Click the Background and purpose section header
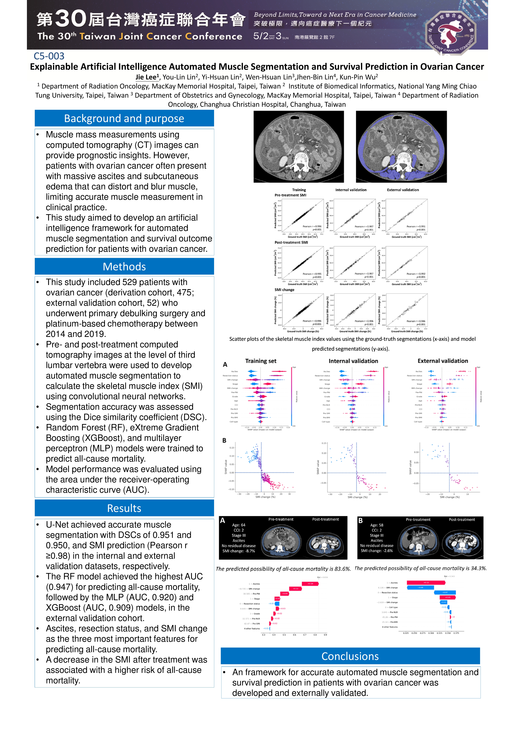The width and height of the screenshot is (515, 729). point(124,118)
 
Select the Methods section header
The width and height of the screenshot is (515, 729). point(124,266)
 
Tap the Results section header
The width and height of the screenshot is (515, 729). point(124,508)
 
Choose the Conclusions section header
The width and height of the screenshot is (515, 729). point(350,656)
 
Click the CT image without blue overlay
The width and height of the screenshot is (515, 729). point(299,147)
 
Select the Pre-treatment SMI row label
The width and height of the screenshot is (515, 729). point(290,195)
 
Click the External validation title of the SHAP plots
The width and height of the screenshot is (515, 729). point(443,361)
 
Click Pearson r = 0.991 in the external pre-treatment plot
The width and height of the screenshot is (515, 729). point(416,226)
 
